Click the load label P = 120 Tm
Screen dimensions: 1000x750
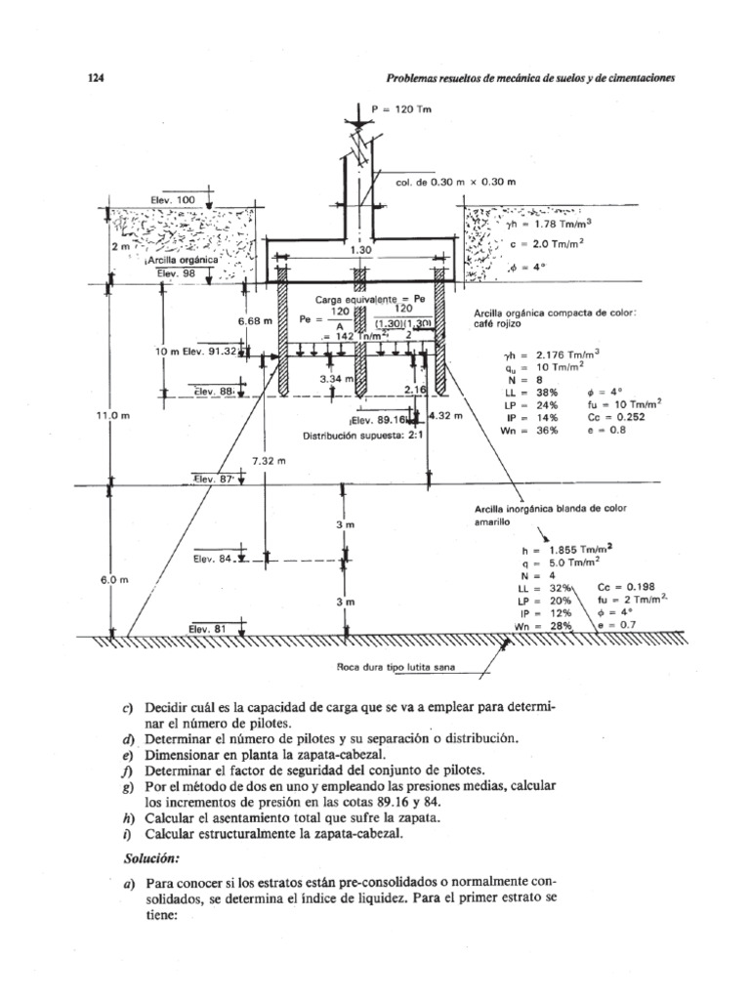point(402,109)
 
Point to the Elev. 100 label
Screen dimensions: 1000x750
point(173,200)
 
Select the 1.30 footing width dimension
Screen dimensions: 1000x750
point(361,250)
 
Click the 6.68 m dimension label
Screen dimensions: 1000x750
point(253,320)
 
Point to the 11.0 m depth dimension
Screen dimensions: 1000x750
point(113,415)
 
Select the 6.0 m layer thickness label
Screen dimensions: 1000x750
point(113,579)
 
